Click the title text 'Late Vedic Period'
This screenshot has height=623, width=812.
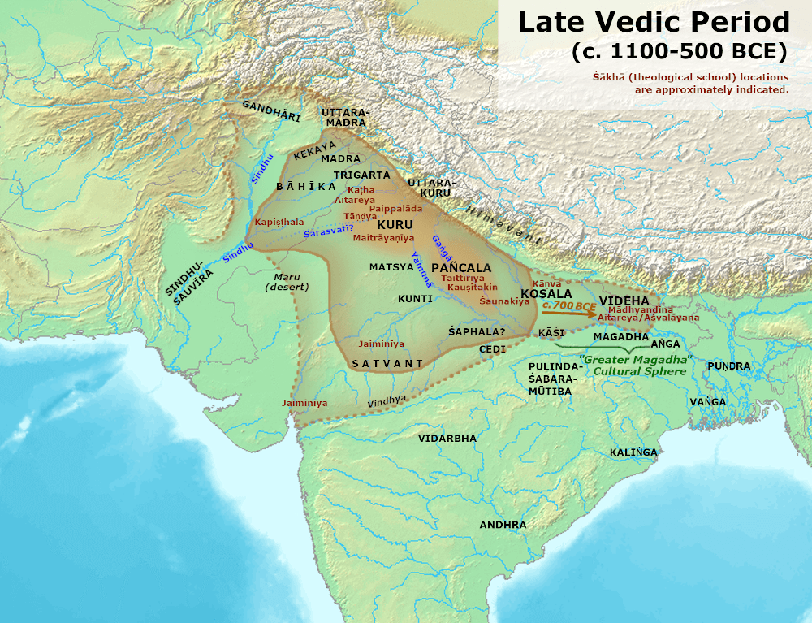pyautogui.click(x=654, y=22)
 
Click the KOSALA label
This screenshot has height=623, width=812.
pyautogui.click(x=546, y=292)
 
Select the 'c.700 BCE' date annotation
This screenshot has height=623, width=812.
pyautogui.click(x=568, y=305)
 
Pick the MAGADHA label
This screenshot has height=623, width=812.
pyautogui.click(x=620, y=336)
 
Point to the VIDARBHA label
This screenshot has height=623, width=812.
pyautogui.click(x=447, y=438)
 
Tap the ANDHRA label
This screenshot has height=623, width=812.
pyautogui.click(x=503, y=525)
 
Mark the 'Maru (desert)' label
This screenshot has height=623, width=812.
pyautogui.click(x=287, y=281)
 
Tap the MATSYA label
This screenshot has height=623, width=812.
pyautogui.click(x=391, y=266)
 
